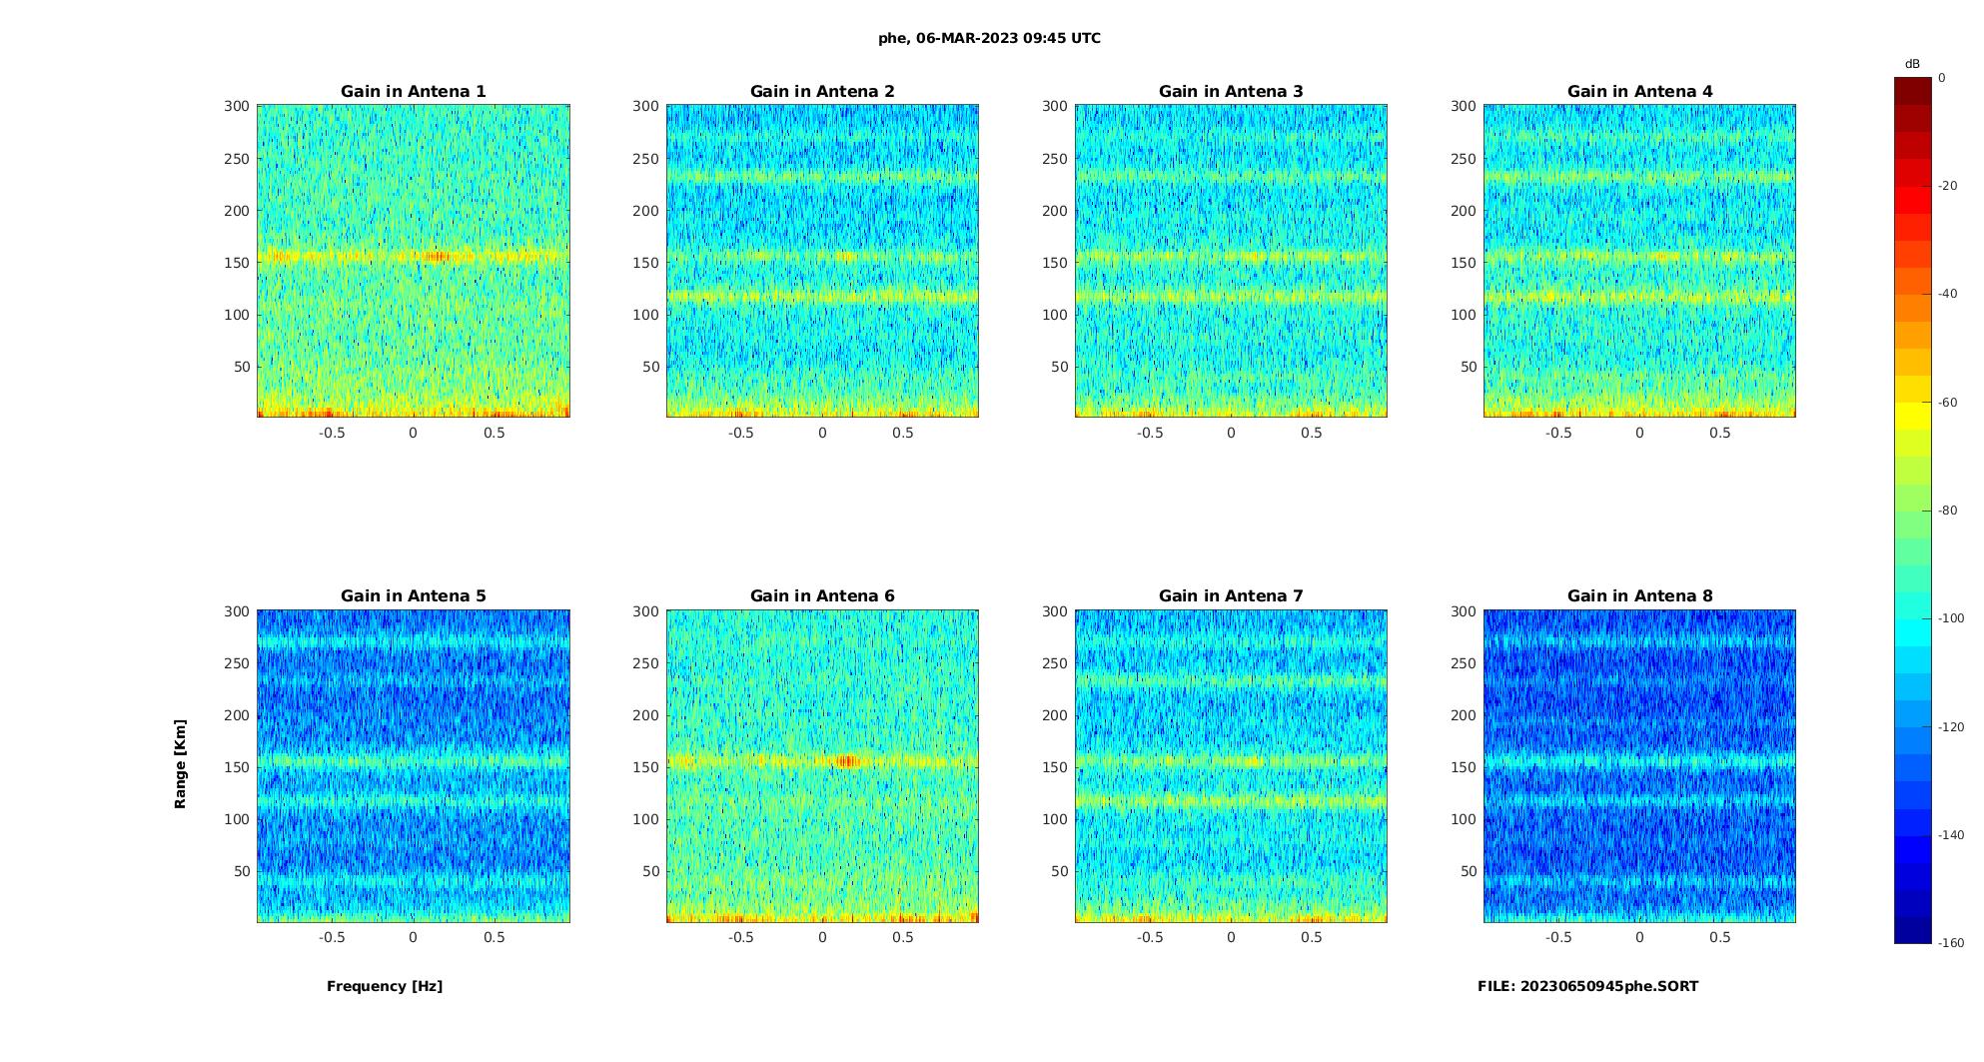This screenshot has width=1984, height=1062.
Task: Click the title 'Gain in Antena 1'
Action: pyautogui.click(x=413, y=92)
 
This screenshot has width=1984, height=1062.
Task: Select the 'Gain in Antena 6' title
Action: pyautogui.click(x=822, y=596)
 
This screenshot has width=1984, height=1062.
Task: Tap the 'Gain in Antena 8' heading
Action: pyautogui.click(x=1639, y=596)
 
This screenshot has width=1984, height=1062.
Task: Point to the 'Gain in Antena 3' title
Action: pyautogui.click(x=1231, y=92)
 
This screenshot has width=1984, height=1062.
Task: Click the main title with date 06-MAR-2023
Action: pyautogui.click(x=989, y=39)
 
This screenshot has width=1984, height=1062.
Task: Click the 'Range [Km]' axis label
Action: pyautogui.click(x=181, y=763)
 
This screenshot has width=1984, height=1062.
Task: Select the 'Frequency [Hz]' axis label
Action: pyautogui.click(x=385, y=986)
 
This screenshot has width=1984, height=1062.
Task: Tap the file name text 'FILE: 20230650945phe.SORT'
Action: pyautogui.click(x=1587, y=986)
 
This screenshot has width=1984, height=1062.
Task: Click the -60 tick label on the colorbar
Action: pyautogui.click(x=1947, y=403)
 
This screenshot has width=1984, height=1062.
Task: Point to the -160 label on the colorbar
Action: pyautogui.click(x=1950, y=943)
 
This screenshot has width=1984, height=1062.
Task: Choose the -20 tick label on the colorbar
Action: pyautogui.click(x=1947, y=186)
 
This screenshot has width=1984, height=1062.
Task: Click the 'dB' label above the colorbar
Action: pyautogui.click(x=1912, y=64)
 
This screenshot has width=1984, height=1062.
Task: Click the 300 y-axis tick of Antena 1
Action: pyautogui.click(x=236, y=106)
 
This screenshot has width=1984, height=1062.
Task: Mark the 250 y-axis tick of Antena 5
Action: pyautogui.click(x=236, y=663)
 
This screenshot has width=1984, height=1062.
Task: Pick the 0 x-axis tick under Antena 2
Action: pyautogui.click(x=822, y=433)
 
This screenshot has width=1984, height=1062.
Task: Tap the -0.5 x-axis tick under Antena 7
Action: pyautogui.click(x=1150, y=937)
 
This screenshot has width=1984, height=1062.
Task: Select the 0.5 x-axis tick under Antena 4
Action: pyautogui.click(x=1719, y=433)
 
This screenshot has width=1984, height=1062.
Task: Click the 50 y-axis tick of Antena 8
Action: pyautogui.click(x=1468, y=871)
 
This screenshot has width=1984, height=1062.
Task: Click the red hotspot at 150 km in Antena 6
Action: pyautogui.click(x=847, y=761)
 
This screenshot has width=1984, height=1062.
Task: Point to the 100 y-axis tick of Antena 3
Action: pyautogui.click(x=1054, y=315)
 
